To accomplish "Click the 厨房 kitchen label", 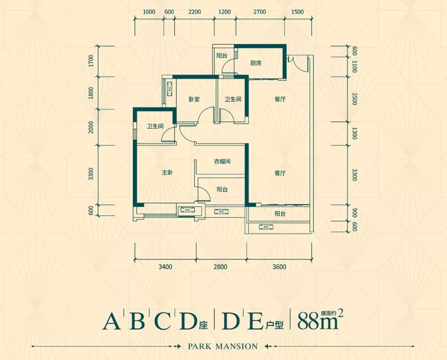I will pos(256,63).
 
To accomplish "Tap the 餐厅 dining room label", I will pos(280,99).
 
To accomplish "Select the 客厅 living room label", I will pos(280,174).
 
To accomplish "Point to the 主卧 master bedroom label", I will pos(167,174).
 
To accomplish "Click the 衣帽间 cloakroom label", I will pos(222,161).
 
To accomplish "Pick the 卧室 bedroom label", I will pos(194,99).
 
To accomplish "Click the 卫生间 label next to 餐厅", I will pos(233,99).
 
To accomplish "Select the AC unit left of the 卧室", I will pos(170,89).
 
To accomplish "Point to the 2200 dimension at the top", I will pos(194,12).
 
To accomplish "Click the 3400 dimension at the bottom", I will pos(165,267).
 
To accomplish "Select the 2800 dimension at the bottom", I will pos(221,267).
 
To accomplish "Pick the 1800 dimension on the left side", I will pos(91,93).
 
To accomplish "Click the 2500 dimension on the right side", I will pos(354,99).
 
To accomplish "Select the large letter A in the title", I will pos(111,321).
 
